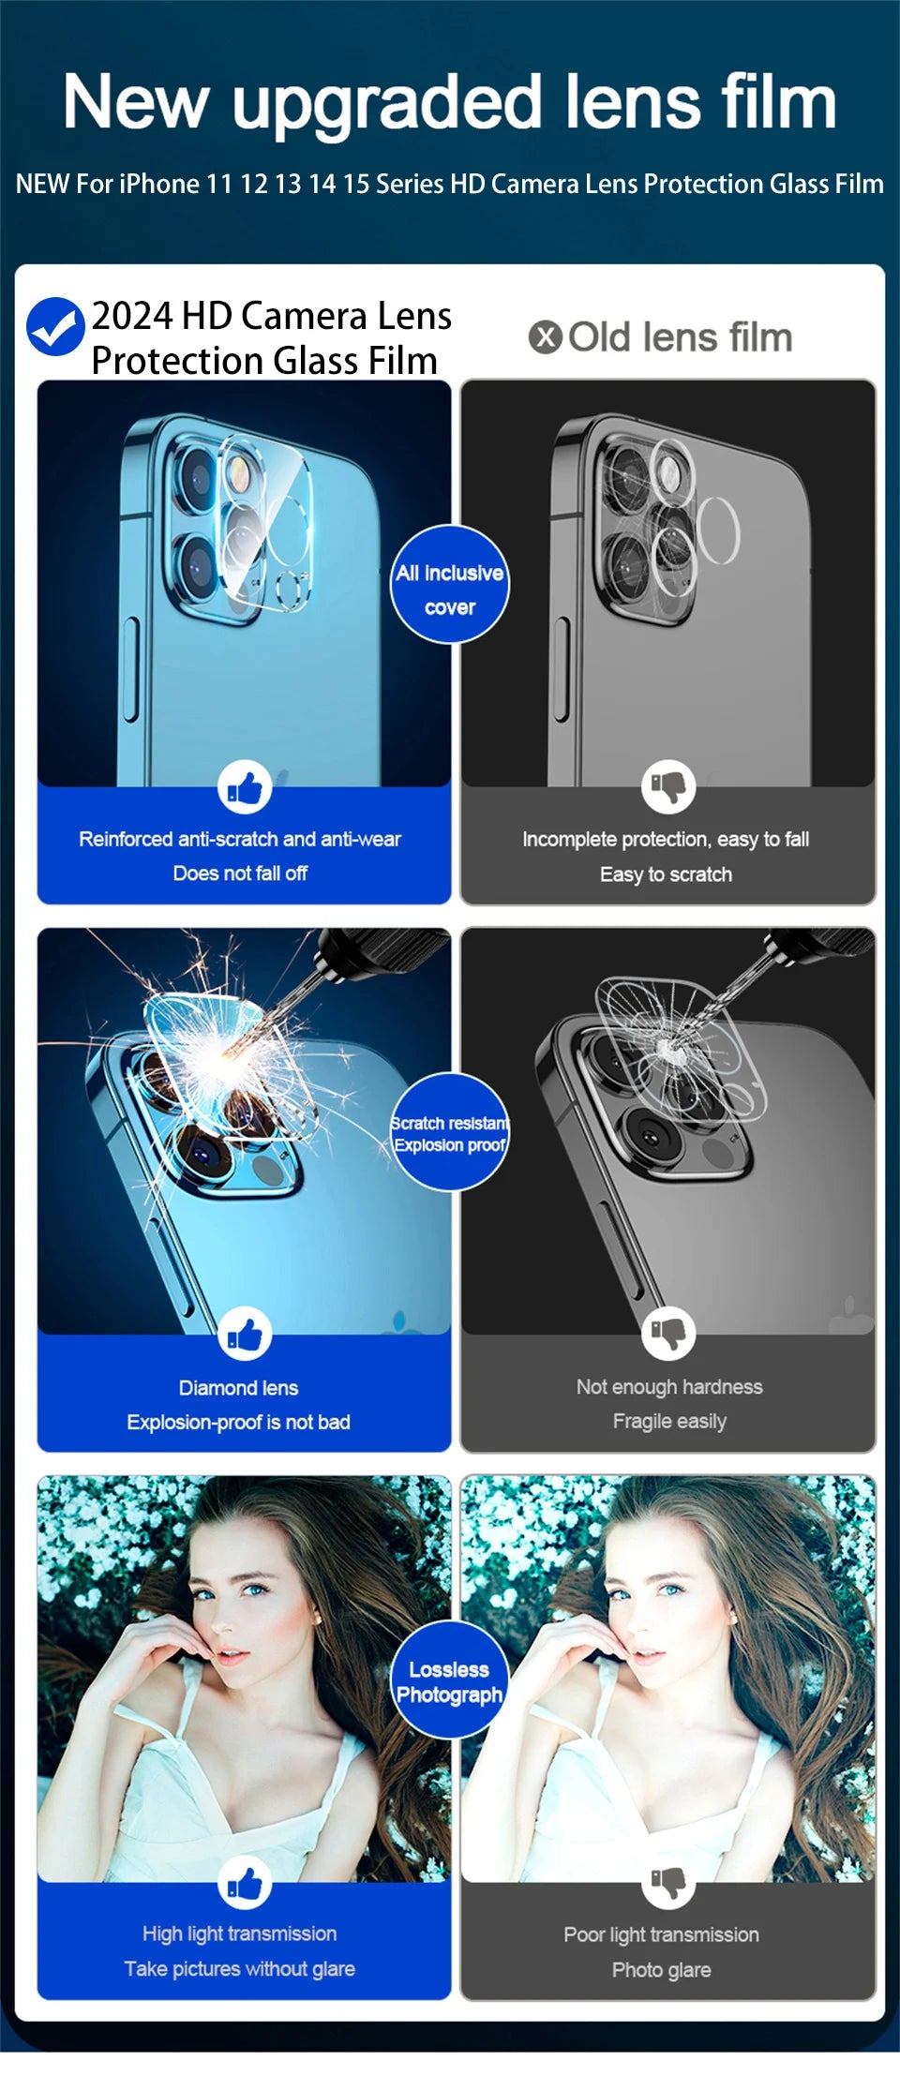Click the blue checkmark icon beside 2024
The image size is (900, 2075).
(55, 326)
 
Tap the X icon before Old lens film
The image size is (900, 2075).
(545, 337)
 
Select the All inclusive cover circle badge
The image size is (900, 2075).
(450, 585)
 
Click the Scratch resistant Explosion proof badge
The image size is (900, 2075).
(450, 1132)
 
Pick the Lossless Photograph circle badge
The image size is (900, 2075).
(450, 1681)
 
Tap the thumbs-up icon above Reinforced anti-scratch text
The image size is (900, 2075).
(245, 787)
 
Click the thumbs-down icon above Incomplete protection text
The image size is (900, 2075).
(668, 787)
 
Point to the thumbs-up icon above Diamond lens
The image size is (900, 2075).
(245, 1335)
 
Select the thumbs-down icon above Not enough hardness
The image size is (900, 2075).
(668, 1333)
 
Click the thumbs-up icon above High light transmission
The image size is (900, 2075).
(245, 1882)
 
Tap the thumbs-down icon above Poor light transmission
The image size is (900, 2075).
(668, 1882)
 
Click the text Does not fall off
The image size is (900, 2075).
(240, 873)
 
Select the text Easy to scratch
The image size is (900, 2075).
(666, 874)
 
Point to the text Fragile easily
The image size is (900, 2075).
(669, 1422)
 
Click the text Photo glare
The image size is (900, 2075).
(661, 1970)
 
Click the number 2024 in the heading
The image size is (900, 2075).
(131, 317)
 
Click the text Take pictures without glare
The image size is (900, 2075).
(240, 1969)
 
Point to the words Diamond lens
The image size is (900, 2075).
(238, 1388)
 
